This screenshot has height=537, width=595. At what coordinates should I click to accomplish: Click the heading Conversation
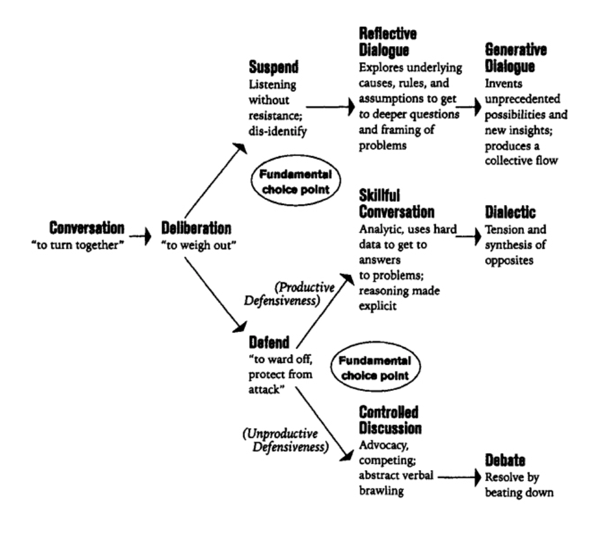[86, 228]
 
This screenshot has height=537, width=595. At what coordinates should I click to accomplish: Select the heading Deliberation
[196, 228]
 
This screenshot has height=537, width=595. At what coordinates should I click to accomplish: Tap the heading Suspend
[273, 67]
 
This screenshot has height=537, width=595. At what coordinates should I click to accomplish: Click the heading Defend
[269, 342]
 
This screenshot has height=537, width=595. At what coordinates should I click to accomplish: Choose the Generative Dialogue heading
[515, 58]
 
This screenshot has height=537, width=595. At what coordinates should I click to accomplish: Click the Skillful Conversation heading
[396, 204]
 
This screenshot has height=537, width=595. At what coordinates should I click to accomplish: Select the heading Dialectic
[510, 212]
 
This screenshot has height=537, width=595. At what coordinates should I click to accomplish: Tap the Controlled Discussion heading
[390, 420]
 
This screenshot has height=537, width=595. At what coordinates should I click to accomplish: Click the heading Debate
[505, 460]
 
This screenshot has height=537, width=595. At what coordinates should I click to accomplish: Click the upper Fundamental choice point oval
[295, 182]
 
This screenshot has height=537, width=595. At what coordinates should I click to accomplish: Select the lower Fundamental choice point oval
[374, 368]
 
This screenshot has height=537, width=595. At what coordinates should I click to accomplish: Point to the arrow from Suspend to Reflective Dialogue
[330, 107]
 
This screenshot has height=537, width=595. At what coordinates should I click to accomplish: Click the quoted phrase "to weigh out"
[199, 246]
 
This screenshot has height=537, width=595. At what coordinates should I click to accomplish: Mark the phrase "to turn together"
[77, 246]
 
